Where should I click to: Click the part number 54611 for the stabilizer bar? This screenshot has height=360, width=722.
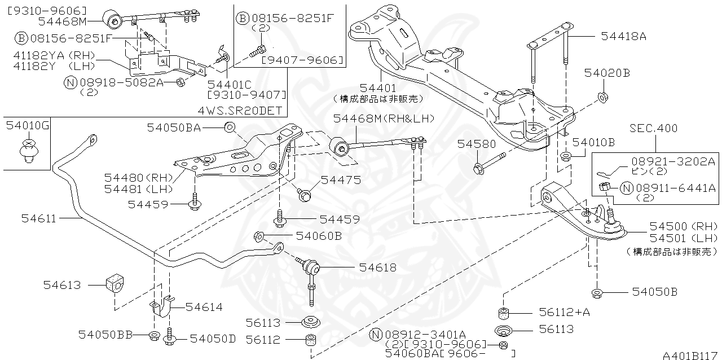pyautogui.click(x=39, y=218)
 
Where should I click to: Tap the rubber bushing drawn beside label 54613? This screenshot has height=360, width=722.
pyautogui.click(x=115, y=284)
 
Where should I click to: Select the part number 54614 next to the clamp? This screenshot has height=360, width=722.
pyautogui.click(x=204, y=307)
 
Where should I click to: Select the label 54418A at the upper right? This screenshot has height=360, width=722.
pyautogui.click(x=623, y=37)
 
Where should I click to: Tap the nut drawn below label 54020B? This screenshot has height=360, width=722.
pyautogui.click(x=602, y=96)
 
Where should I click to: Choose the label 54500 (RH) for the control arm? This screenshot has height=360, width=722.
pyautogui.click(x=683, y=225)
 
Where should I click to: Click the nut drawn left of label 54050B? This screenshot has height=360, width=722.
pyautogui.click(x=596, y=292)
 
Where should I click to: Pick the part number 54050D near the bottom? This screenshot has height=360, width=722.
pyautogui.click(x=213, y=338)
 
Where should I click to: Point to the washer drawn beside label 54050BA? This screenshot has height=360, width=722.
pyautogui.click(x=230, y=127)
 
